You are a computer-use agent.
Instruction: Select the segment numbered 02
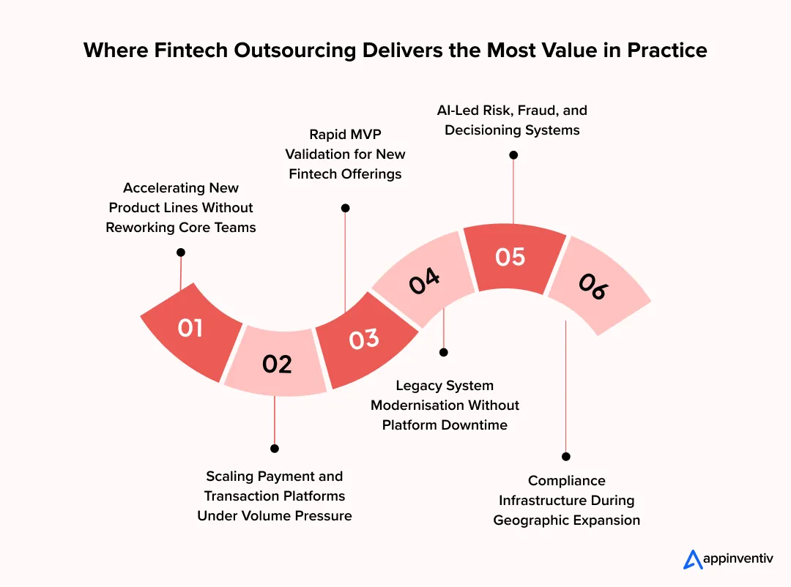point(277,364)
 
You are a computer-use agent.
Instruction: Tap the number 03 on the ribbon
point(364,339)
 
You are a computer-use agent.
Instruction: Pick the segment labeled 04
point(426,282)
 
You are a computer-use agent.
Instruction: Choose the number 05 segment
point(510,257)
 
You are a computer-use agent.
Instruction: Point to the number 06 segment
point(593,286)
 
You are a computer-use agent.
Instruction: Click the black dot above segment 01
point(181,252)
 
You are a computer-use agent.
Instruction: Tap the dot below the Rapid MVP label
point(346,208)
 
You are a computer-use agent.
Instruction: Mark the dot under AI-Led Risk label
point(513,155)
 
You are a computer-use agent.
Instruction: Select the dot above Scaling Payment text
point(275,448)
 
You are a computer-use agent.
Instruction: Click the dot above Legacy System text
point(444,352)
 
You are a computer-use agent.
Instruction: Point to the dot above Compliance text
point(566,456)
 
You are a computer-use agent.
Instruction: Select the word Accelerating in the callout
point(159,188)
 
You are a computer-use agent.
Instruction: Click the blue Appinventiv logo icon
point(693,560)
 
